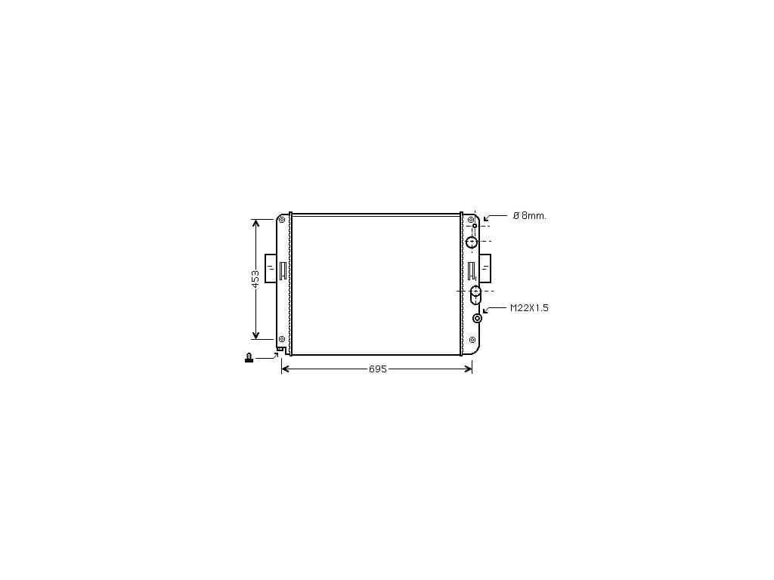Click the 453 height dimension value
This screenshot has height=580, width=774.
(x=255, y=279)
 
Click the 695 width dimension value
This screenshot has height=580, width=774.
(x=378, y=369)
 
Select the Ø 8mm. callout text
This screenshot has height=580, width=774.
(x=530, y=215)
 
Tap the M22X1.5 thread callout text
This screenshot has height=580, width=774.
(x=529, y=308)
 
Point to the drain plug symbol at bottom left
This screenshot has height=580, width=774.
(x=249, y=357)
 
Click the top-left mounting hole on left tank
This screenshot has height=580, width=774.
(x=282, y=220)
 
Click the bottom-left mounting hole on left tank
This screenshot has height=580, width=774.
(x=282, y=339)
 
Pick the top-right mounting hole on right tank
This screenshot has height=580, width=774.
(x=471, y=220)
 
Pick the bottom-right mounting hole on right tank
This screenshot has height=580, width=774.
(x=472, y=340)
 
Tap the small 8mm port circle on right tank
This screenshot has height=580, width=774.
(x=475, y=226)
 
